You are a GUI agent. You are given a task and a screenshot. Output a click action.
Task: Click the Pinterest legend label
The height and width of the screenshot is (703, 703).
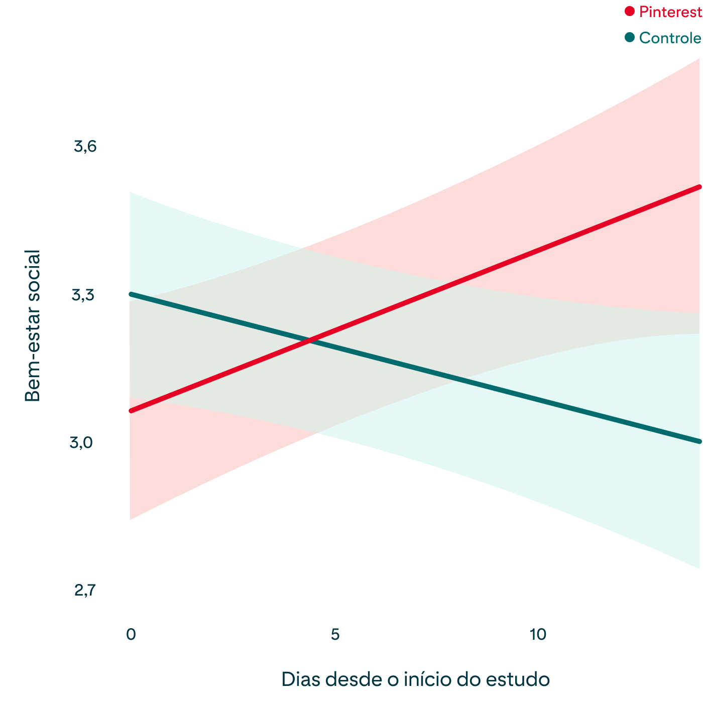coord(670,13)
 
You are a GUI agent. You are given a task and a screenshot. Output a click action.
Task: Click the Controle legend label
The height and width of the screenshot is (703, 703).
coord(670,38)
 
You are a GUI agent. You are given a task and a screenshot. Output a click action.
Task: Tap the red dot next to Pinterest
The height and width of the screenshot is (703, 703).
coord(630,11)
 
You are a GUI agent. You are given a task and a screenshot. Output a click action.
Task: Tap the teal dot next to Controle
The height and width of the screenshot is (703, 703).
coord(630,37)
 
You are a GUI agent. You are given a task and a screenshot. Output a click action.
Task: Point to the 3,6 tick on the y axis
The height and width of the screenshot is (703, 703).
coord(85,146)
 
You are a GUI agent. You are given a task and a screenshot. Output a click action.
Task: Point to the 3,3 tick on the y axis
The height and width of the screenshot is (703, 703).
coord(83,295)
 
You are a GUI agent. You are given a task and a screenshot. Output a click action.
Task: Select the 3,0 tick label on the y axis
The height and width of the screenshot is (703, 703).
coord(82,443)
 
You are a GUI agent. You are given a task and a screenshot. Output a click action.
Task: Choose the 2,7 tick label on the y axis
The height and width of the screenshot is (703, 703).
coord(84,591)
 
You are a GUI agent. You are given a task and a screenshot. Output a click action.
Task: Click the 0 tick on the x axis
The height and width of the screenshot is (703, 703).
coord(131,634)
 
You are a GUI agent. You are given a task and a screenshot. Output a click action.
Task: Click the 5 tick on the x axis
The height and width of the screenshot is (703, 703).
coord(335,634)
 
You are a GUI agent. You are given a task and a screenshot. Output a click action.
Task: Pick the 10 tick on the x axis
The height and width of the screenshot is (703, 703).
coord(538,634)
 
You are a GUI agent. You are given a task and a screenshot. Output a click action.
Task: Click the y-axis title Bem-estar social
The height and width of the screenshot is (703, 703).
coord(32,326)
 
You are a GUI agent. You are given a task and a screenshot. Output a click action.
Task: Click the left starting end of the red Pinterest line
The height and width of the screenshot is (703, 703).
coord(131,411)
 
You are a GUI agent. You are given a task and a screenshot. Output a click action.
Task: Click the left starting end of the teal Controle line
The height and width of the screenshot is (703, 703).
coord(131,294)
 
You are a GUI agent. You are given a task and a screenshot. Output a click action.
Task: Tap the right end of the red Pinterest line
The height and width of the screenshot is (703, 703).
coord(699,186)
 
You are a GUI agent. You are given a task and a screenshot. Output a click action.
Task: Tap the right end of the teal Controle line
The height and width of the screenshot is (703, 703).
coord(699,441)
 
